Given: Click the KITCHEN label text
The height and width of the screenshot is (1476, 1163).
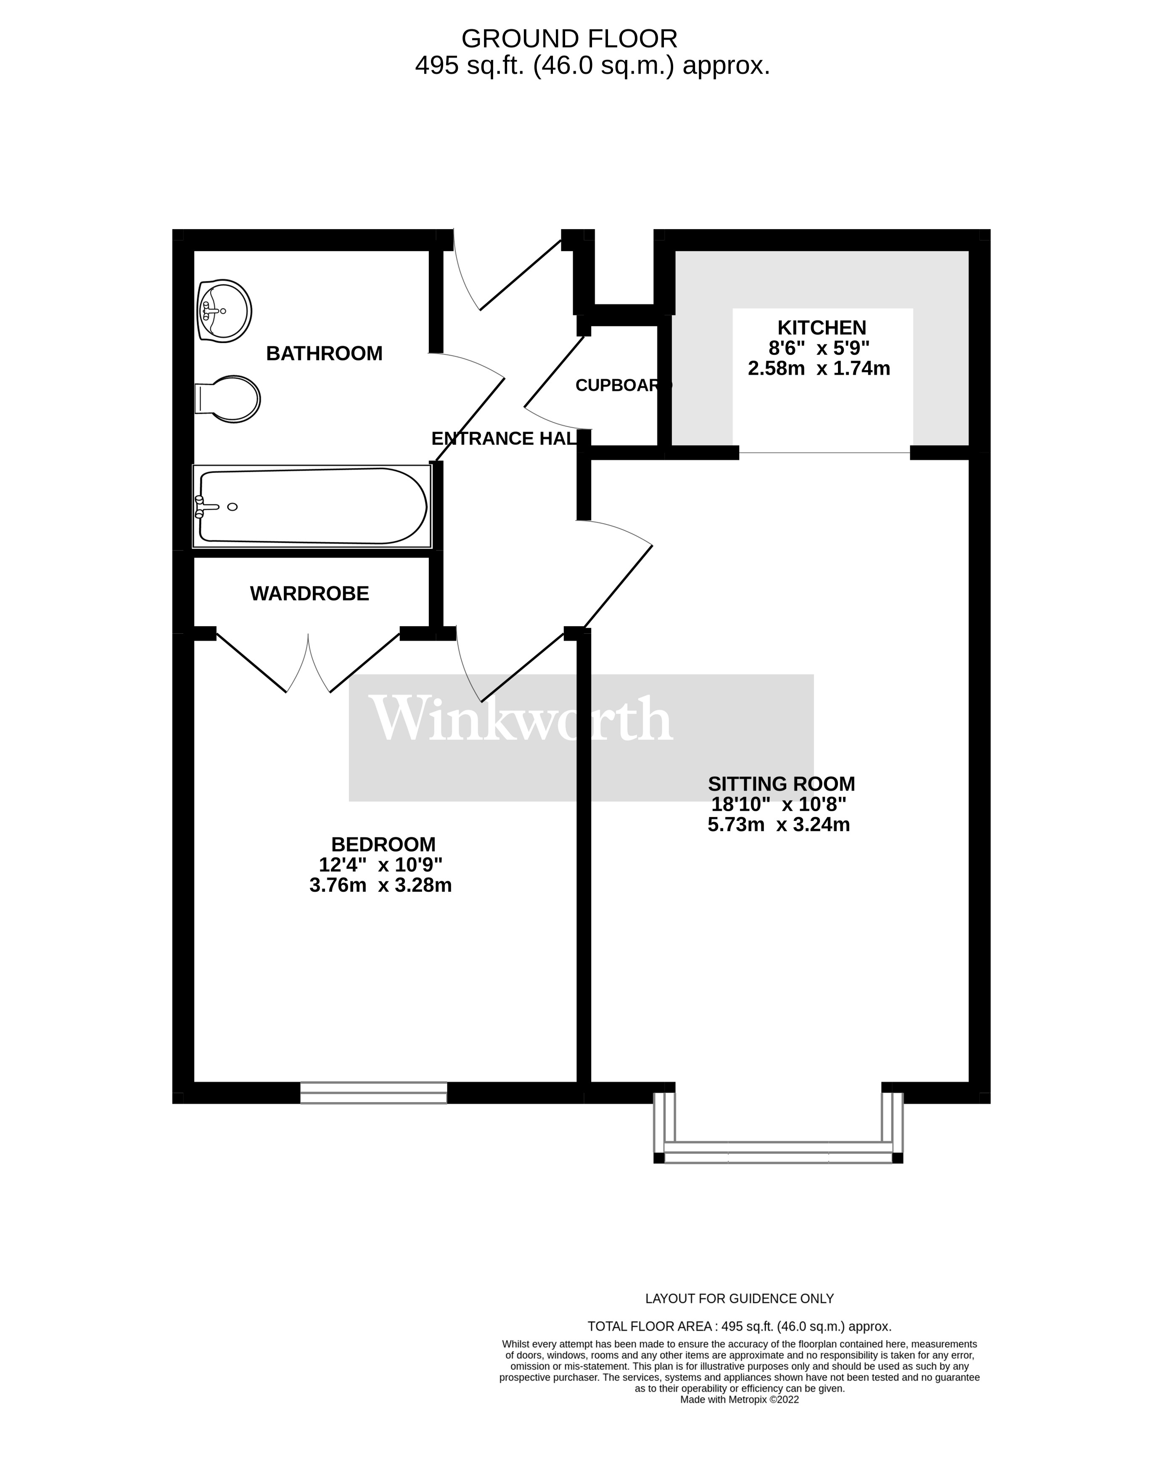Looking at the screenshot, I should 822,328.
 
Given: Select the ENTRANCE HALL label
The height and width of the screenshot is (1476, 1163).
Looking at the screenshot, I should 504,439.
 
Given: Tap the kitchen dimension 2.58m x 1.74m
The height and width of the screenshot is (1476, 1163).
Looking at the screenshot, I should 819,368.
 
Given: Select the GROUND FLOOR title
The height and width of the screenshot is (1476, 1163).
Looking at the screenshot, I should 569,39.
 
